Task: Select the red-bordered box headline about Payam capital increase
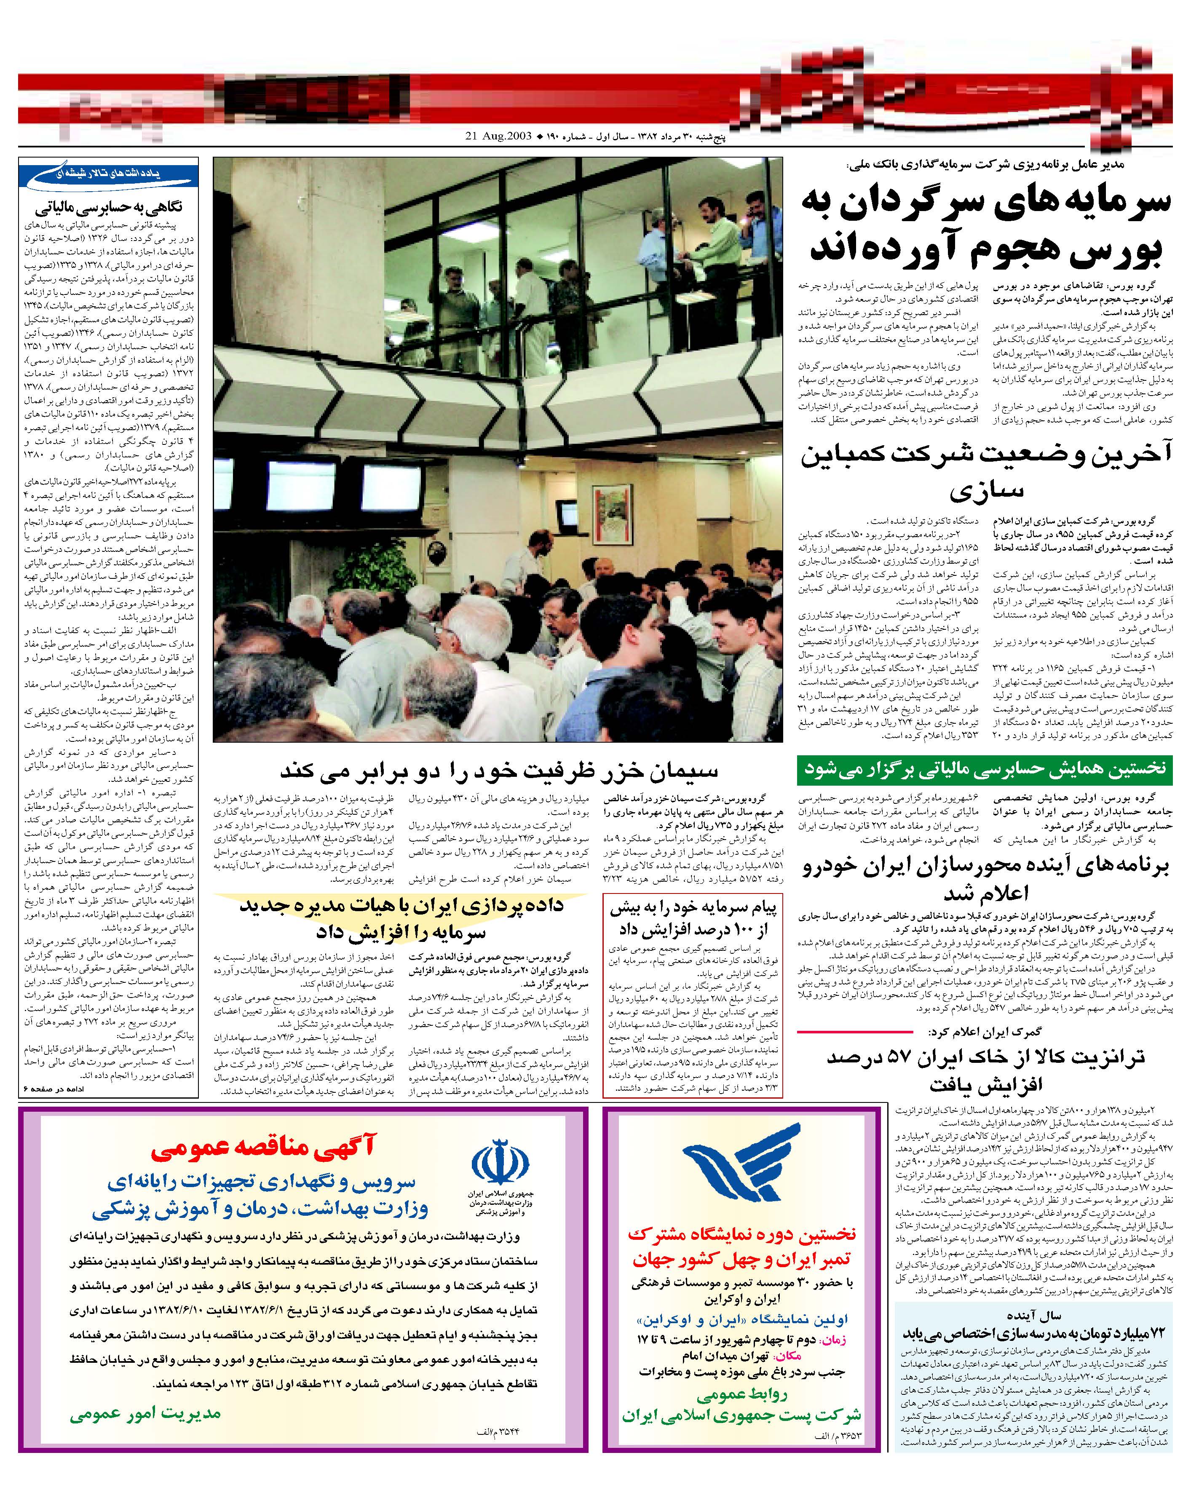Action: click(x=693, y=918)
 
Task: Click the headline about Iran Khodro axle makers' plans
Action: click(x=985, y=879)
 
